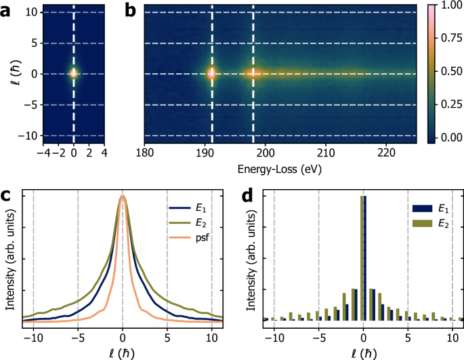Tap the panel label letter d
pyautogui.click(x=249, y=197)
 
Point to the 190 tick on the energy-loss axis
pyautogui.click(x=205, y=152)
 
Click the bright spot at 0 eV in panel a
pyautogui.click(x=73, y=73)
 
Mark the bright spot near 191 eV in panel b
pyautogui.click(x=211, y=73)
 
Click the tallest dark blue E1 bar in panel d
pyautogui.click(x=365, y=258)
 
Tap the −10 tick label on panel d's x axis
pyautogui.click(x=272, y=337)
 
